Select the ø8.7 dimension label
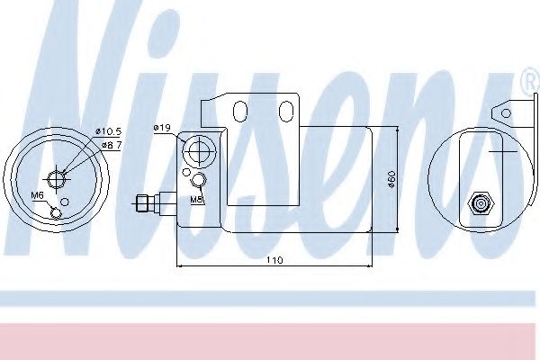(111, 144)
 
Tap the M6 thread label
(38, 195)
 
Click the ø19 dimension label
(162, 129)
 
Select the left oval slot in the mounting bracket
(239, 110)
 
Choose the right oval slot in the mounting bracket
(285, 110)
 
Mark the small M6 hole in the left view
(58, 212)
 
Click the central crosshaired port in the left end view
(58, 177)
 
